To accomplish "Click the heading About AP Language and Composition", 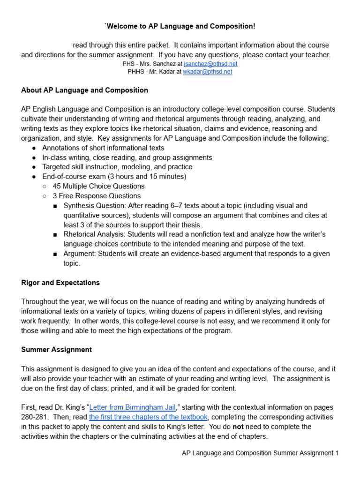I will click(x=84, y=90).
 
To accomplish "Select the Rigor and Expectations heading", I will click(x=60, y=283).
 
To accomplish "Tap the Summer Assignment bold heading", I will click(x=56, y=350).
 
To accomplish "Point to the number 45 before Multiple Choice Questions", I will click(x=57, y=186).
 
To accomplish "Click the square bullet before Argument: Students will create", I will click(x=55, y=254).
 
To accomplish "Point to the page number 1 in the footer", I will click(x=336, y=453).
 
